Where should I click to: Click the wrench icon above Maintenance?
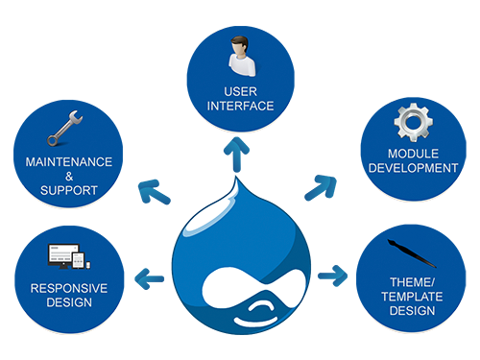point(65,129)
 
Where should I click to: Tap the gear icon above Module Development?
point(414,122)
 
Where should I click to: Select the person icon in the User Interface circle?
point(242,57)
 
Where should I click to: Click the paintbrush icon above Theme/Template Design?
point(412,253)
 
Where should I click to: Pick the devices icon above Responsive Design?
point(69,256)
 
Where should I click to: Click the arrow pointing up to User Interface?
point(236,155)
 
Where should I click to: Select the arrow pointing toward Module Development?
point(321,188)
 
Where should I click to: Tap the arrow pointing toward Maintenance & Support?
point(154,192)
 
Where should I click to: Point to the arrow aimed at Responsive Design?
point(149,279)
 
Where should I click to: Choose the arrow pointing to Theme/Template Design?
point(333,276)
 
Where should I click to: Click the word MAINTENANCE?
point(69,162)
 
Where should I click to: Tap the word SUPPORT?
point(69,190)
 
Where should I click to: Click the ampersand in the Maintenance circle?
point(69,177)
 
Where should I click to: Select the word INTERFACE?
point(240,106)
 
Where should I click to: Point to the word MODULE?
point(413,154)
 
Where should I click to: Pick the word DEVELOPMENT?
point(413,168)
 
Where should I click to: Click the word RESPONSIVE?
point(69,288)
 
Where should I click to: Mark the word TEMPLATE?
point(412,297)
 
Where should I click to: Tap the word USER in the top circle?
point(240,92)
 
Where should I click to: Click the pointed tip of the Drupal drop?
point(236,178)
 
